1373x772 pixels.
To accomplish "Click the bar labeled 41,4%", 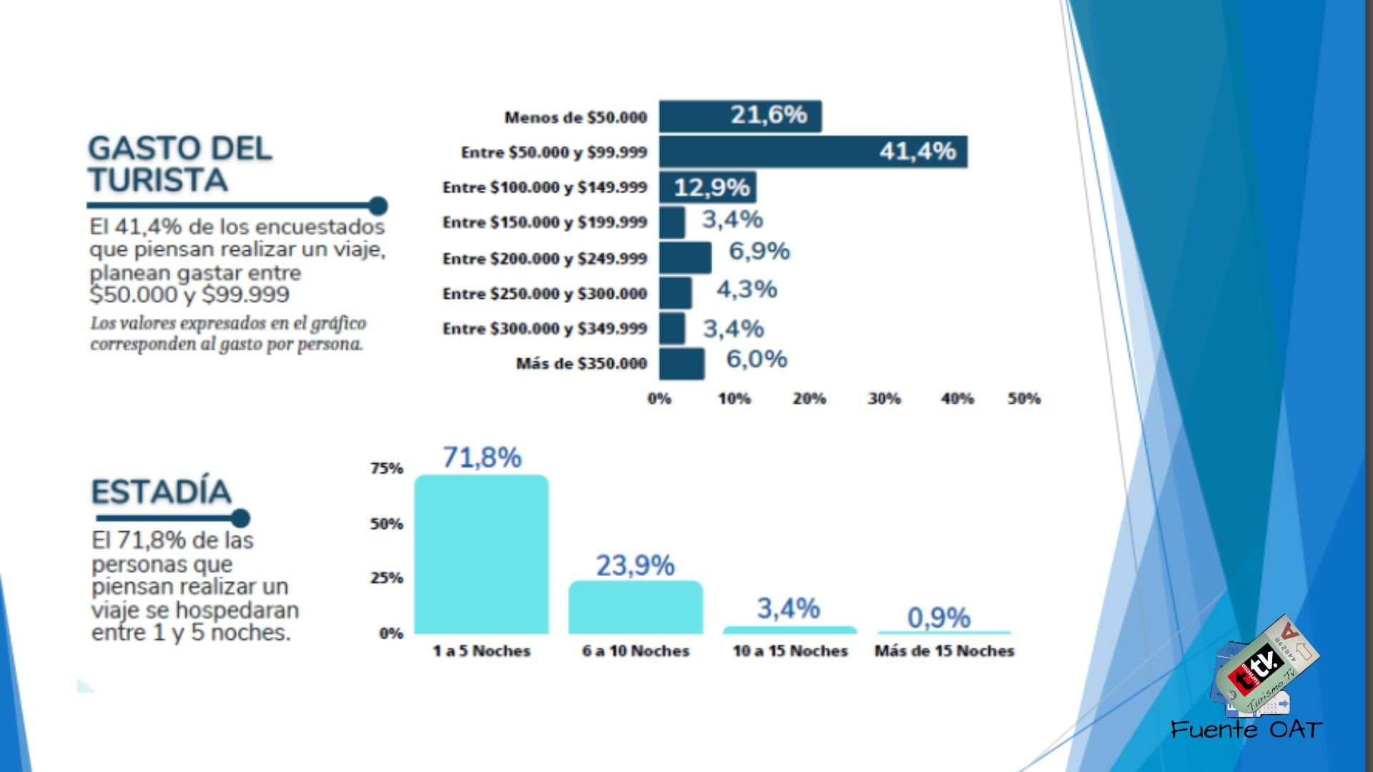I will [x=813, y=152].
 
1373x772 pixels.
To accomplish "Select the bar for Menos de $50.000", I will [x=740, y=117].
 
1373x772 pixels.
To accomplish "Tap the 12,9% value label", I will [x=712, y=187].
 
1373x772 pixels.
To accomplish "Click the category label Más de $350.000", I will [x=581, y=364].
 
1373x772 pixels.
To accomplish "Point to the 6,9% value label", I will [x=759, y=252].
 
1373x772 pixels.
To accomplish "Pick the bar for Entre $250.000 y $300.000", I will [x=675, y=293].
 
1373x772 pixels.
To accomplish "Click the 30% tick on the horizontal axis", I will [x=884, y=399].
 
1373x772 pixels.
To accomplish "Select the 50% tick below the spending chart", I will [x=1024, y=399].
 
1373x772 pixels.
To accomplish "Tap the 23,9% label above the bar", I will [x=635, y=565].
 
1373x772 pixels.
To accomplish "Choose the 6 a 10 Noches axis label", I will [x=635, y=651].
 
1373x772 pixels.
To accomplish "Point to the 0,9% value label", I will [x=938, y=618].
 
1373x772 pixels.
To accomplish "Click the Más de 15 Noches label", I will [x=944, y=651].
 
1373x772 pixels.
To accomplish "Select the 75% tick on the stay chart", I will [x=387, y=469].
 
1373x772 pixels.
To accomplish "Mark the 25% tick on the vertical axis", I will [x=387, y=578].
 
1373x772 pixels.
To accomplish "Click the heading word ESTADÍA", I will [x=162, y=492].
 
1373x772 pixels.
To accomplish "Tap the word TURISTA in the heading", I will [x=158, y=180].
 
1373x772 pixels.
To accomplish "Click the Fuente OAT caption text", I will [x=1246, y=730].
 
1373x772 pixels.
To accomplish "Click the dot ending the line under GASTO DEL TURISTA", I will [x=378, y=206].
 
